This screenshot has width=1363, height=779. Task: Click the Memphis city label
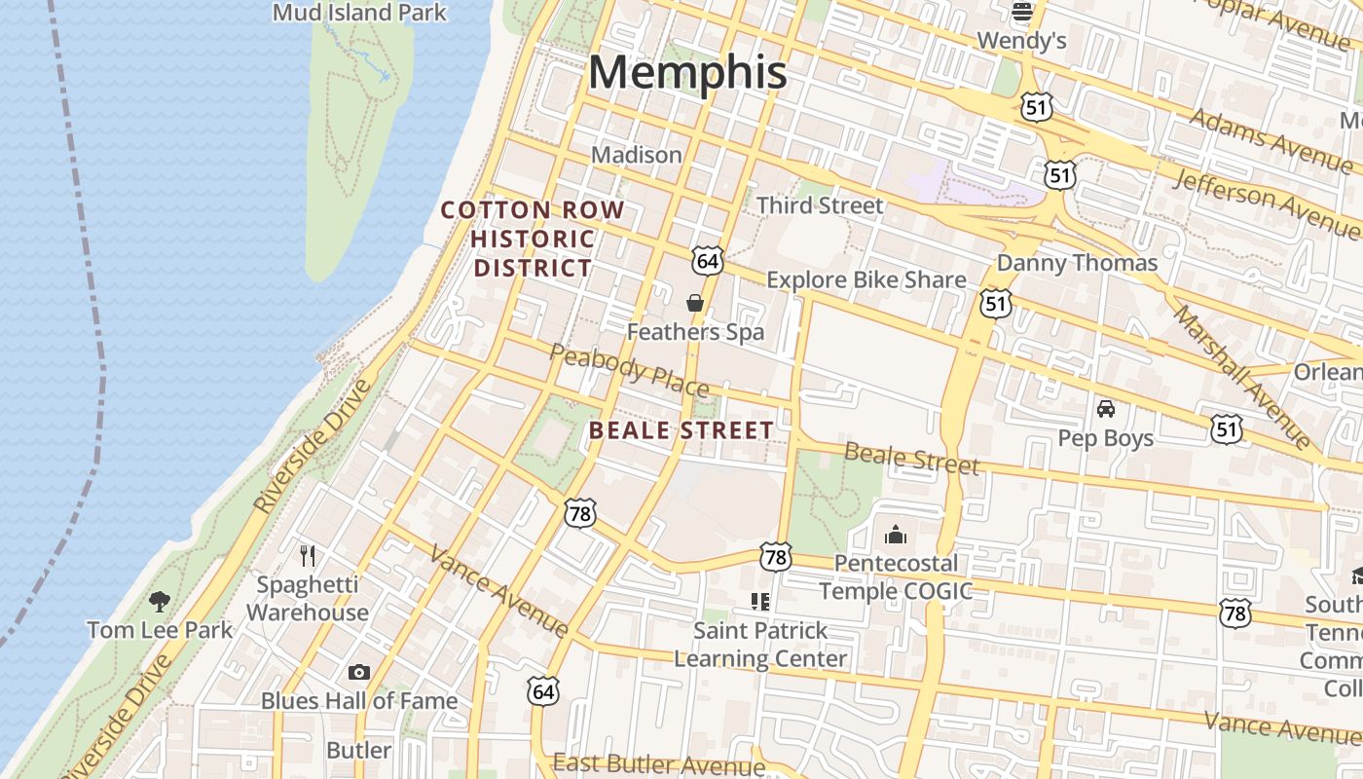tap(687, 73)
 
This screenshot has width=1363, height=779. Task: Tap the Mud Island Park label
tap(359, 13)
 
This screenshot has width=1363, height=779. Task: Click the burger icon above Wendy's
tap(1022, 13)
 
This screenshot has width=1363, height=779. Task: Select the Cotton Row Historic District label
tap(533, 239)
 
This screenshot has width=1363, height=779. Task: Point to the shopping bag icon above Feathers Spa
tap(695, 303)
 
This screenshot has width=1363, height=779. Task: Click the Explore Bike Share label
tap(866, 280)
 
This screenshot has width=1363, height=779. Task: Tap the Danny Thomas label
tap(1077, 263)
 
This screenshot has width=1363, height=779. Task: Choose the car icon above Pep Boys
tap(1106, 409)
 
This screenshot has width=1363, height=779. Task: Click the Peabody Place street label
tap(629, 371)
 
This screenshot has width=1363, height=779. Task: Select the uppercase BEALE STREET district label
tap(681, 430)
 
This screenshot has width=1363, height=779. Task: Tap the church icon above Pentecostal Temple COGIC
tap(896, 535)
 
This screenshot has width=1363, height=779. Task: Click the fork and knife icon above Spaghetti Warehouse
tap(308, 556)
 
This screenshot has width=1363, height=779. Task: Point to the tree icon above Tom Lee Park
tap(160, 602)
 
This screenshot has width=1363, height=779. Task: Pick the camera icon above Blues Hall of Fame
tap(359, 672)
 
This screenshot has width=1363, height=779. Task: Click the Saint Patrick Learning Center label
tap(760, 645)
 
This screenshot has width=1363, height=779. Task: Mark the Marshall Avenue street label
tap(1243, 377)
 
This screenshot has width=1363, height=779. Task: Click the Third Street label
tap(820, 205)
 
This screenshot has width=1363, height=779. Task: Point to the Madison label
tap(637, 155)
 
